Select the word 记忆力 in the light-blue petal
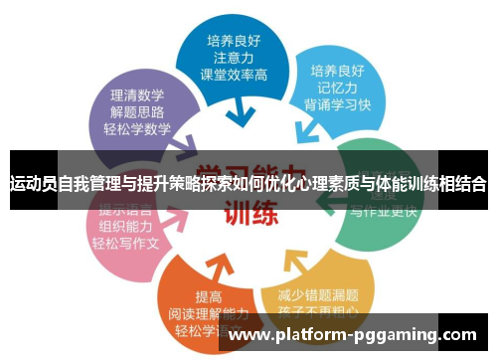[335, 89]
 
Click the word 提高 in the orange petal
[210, 296]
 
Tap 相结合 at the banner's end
[462, 185]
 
